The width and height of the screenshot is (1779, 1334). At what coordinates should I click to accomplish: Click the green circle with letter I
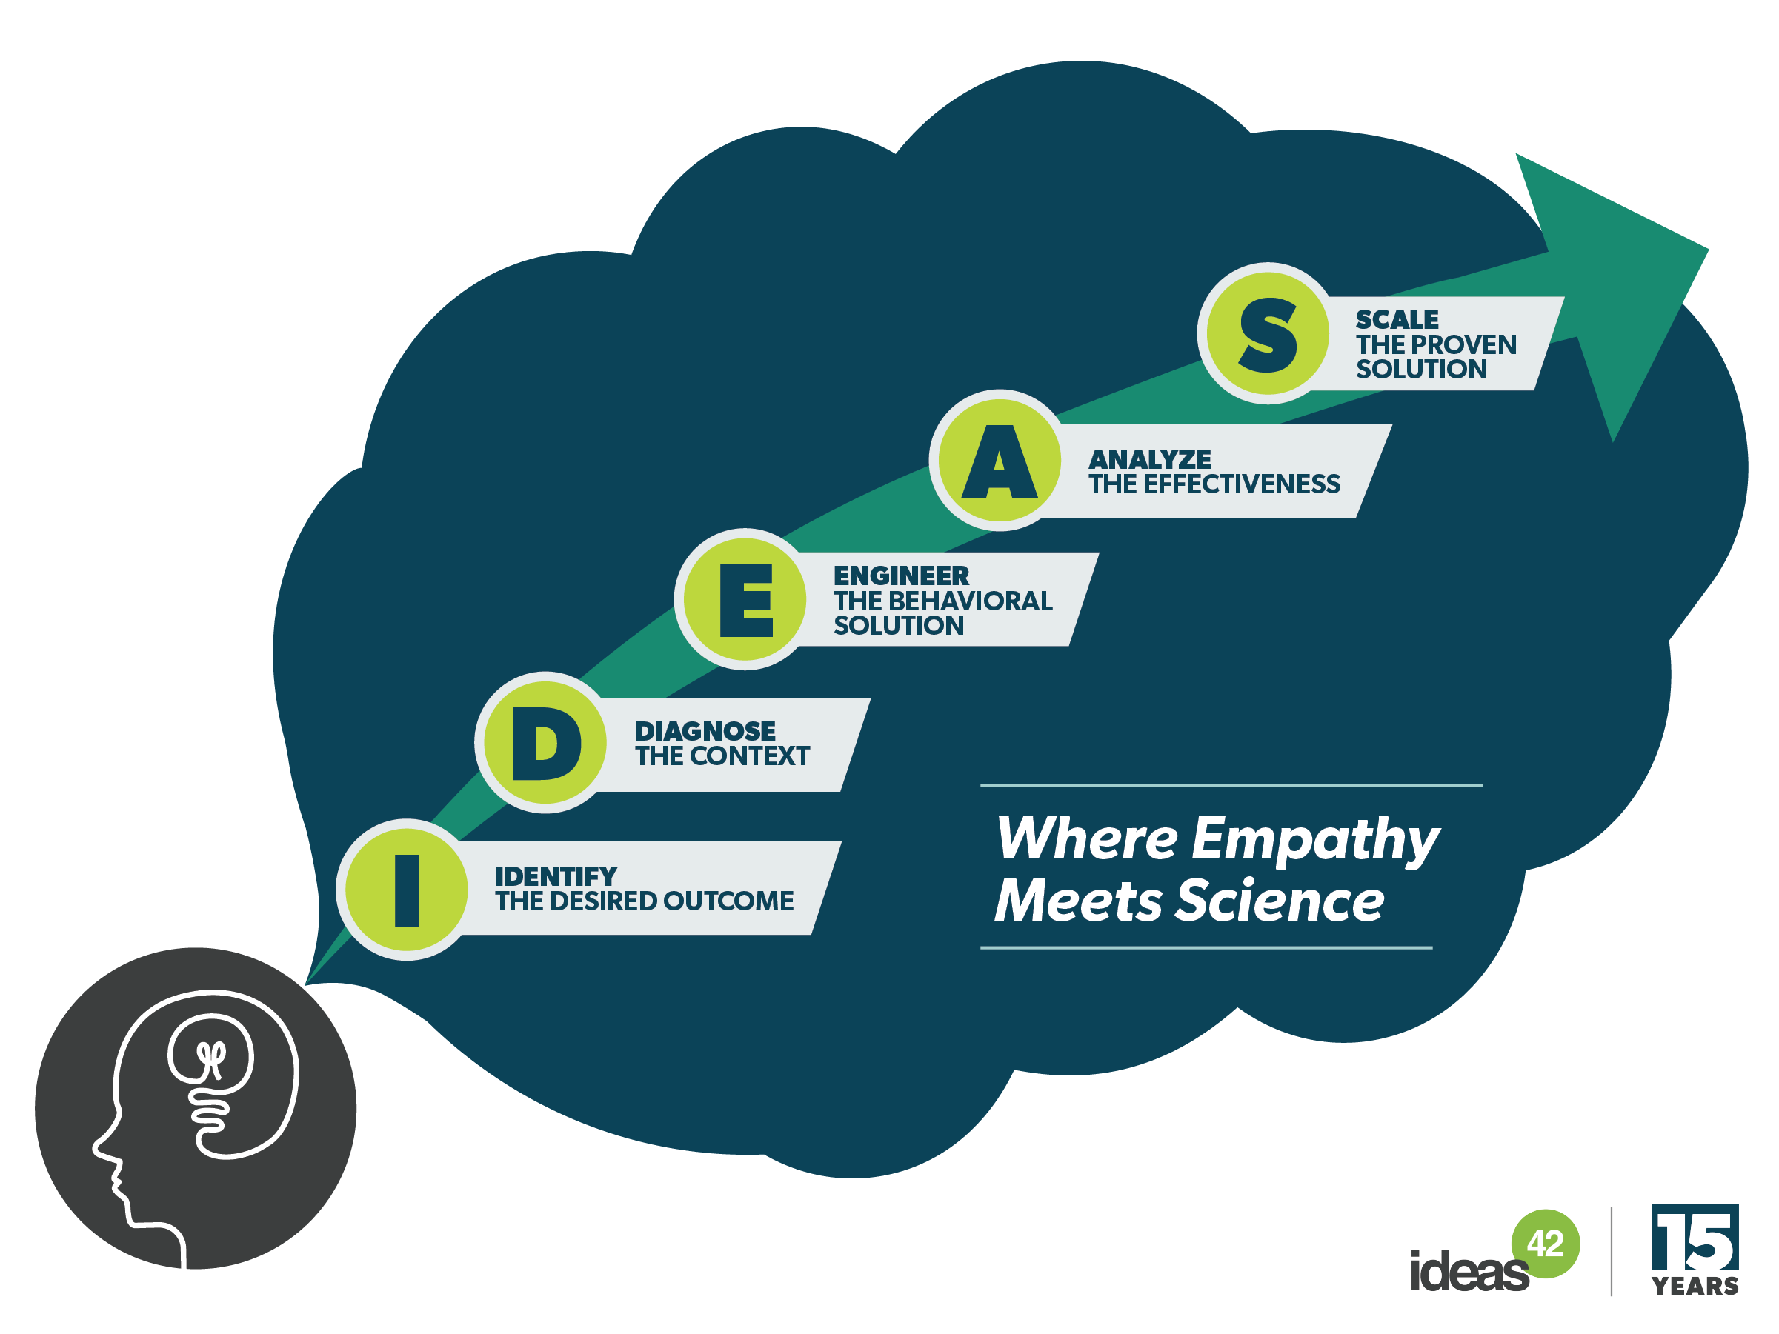(406, 890)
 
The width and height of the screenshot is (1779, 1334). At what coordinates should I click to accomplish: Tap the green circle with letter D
(545, 742)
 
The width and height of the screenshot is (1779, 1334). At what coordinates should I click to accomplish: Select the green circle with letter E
(745, 599)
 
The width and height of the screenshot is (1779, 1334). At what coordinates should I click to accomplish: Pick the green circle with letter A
(999, 461)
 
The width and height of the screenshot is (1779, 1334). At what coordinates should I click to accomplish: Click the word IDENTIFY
(556, 876)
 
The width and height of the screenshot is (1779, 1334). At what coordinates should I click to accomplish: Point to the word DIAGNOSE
(705, 731)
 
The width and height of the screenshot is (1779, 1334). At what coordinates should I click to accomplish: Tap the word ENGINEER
(901, 576)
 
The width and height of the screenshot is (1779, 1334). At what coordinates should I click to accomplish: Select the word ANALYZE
(1149, 459)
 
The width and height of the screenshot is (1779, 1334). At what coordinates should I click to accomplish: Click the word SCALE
(1396, 319)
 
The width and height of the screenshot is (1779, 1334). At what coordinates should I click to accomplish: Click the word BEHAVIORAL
(970, 601)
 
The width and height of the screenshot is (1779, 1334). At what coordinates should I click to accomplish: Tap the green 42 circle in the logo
(1545, 1243)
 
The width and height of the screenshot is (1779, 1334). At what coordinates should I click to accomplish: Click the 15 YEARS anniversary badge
(1695, 1250)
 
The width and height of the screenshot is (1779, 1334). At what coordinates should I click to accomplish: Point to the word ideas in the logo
(1469, 1272)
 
